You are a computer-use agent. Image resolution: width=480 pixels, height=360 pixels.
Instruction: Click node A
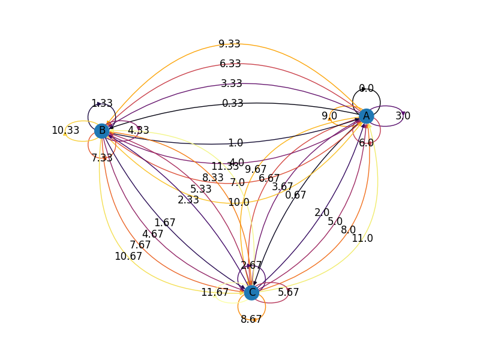(366, 116)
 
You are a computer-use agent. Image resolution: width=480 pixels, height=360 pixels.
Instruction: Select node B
(102, 130)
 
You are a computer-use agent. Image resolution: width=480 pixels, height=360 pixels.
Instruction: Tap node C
(252, 293)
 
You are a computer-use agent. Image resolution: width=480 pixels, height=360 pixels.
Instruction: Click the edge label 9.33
(229, 44)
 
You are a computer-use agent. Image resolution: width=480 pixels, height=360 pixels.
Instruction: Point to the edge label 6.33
(230, 64)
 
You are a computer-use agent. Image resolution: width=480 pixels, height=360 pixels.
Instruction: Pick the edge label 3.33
(231, 83)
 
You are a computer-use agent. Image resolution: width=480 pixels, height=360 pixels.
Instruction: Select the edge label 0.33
(233, 103)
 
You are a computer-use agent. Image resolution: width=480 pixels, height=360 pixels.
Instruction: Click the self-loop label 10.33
(65, 130)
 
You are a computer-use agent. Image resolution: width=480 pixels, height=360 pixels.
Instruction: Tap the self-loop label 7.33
(102, 158)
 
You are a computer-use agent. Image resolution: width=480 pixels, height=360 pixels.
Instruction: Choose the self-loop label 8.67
(251, 319)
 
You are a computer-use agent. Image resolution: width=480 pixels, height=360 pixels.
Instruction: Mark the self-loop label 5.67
(288, 293)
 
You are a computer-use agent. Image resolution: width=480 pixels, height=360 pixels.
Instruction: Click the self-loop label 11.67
(215, 293)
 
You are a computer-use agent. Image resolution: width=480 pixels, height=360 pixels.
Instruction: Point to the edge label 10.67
(128, 256)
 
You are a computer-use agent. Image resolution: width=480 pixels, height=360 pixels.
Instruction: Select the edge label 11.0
(362, 238)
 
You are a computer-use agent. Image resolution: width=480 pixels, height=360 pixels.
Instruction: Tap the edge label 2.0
(322, 212)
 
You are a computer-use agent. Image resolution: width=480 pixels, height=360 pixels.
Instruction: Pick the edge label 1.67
(164, 223)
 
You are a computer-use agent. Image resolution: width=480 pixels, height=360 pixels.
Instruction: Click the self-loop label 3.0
(403, 116)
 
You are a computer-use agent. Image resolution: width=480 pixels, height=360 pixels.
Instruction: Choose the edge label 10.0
(238, 202)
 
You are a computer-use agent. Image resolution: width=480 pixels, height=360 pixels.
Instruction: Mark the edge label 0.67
(296, 195)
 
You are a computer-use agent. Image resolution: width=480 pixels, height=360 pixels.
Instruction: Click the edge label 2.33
(188, 200)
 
